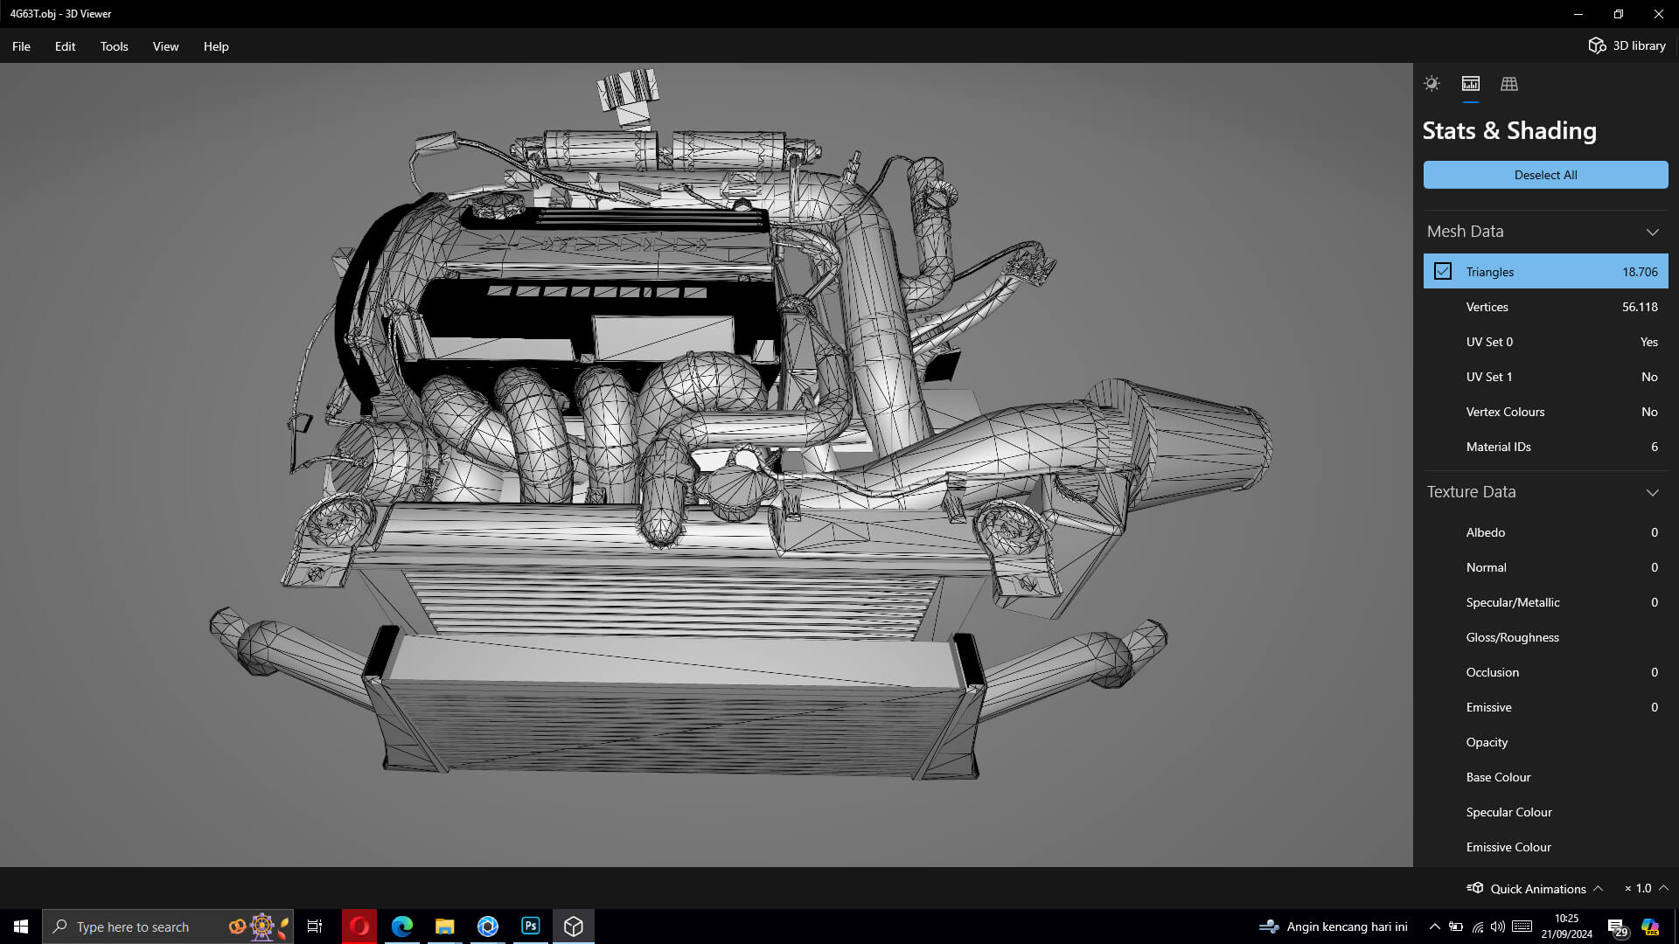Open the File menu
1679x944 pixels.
pyautogui.click(x=21, y=46)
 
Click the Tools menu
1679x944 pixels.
pyautogui.click(x=114, y=46)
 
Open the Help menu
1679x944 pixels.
pyautogui.click(x=216, y=46)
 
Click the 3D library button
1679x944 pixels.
pyautogui.click(x=1627, y=45)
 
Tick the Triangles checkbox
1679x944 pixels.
pyautogui.click(x=1443, y=272)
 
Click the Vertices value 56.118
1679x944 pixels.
pyautogui.click(x=1639, y=307)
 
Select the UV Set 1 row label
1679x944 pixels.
pyautogui.click(x=1488, y=377)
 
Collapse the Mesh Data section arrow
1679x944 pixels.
pyautogui.click(x=1652, y=232)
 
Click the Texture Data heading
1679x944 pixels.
pyautogui.click(x=1471, y=492)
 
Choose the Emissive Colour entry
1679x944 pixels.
pyautogui.click(x=1508, y=847)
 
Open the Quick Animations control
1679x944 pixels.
pyautogui.click(x=1536, y=889)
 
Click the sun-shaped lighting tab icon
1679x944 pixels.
pyautogui.click(x=1432, y=84)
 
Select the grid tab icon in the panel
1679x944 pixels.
pyautogui.click(x=1508, y=84)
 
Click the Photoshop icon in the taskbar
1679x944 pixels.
pyautogui.click(x=531, y=927)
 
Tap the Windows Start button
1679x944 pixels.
pyautogui.click(x=21, y=927)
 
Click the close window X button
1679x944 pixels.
pyautogui.click(x=1658, y=14)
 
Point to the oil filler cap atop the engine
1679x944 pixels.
pyautogui.click(x=628, y=92)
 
